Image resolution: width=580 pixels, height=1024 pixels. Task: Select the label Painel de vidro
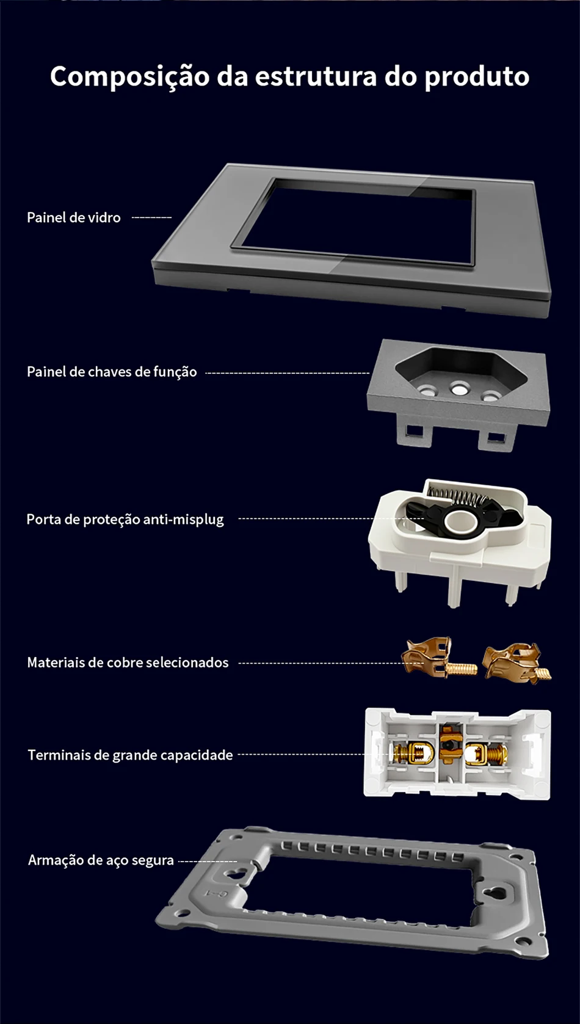coord(74,217)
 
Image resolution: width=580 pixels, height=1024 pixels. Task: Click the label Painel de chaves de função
coord(112,372)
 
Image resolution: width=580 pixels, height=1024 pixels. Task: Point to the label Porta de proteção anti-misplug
coord(125,520)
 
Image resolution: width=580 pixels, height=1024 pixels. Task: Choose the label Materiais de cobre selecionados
coord(128,663)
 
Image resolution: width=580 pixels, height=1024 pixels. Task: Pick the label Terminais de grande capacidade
coord(130,755)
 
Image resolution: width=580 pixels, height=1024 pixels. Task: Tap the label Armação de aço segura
coord(101,860)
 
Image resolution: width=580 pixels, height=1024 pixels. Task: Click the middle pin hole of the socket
coord(459,387)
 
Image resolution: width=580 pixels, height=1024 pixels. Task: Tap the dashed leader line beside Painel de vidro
coord(151,217)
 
